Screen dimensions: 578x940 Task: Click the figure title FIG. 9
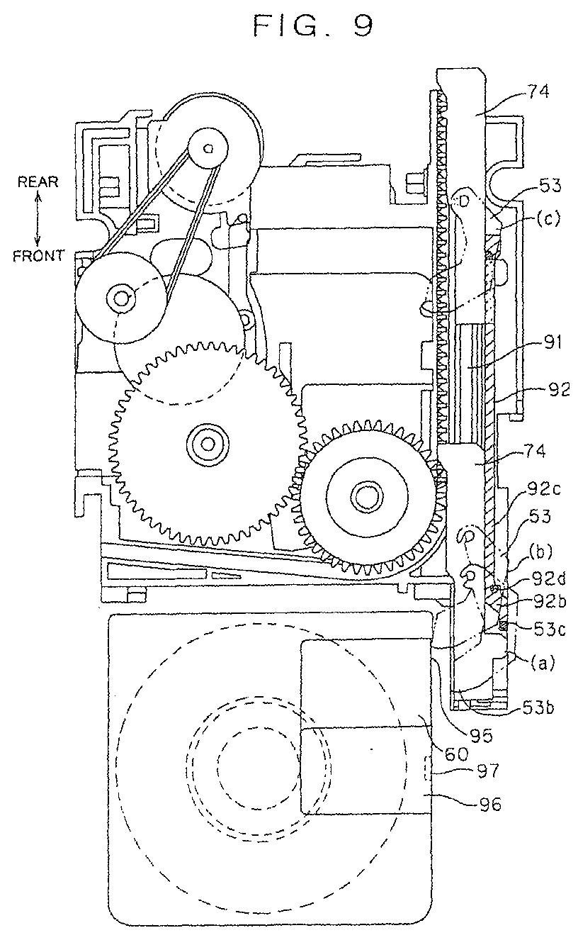click(x=313, y=26)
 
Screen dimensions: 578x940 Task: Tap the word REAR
click(x=38, y=182)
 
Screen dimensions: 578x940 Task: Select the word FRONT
click(x=38, y=256)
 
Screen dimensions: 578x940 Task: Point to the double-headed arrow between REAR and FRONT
click(x=38, y=219)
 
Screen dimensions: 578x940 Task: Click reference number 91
click(x=552, y=343)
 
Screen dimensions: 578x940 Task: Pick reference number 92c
click(x=545, y=489)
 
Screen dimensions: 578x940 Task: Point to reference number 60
click(x=457, y=754)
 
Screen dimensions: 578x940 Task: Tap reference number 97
click(x=489, y=771)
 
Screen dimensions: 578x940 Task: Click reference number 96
click(x=490, y=804)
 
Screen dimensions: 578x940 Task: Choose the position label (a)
click(x=543, y=663)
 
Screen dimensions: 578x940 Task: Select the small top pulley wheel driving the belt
click(x=208, y=147)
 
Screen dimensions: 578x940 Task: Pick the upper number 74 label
click(x=538, y=91)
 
